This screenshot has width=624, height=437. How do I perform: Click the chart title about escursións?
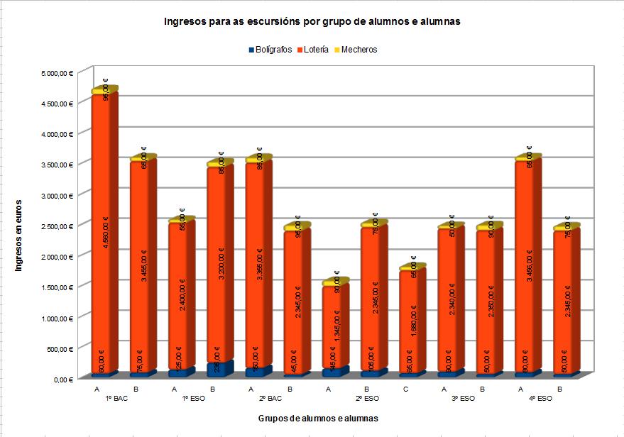[x=312, y=22]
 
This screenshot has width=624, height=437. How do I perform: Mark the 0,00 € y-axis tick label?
[x=63, y=380]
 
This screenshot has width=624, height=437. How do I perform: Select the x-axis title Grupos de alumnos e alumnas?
[x=317, y=419]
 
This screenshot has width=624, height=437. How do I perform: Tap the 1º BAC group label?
[x=116, y=399]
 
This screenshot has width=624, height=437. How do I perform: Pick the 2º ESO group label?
[x=366, y=399]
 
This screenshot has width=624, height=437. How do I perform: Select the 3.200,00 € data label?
[x=221, y=262]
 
